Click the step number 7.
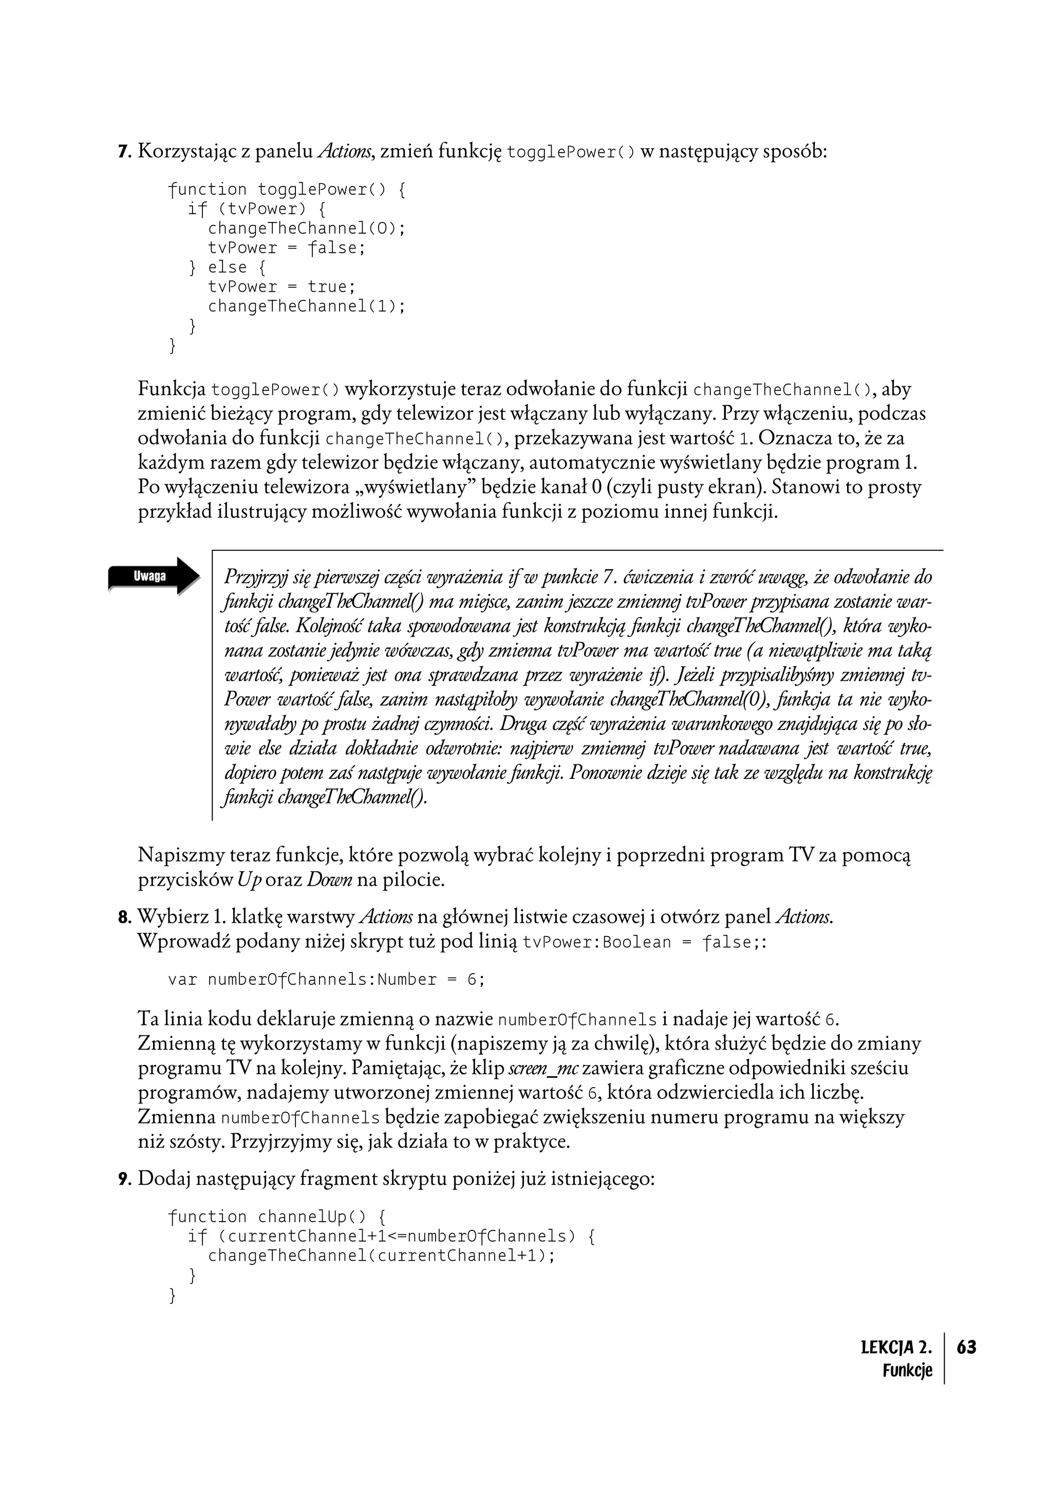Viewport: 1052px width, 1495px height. pos(124,153)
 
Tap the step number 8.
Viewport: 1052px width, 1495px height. pos(124,919)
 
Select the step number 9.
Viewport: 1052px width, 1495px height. pos(124,1179)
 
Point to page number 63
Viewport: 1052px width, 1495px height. pos(967,1347)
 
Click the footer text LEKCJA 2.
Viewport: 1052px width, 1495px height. pos(896,1347)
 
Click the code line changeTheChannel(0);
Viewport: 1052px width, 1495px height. pos(306,229)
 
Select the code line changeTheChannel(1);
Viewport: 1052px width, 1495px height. pos(306,306)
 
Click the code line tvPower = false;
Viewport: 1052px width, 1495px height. pos(287,248)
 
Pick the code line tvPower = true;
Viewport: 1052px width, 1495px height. pos(281,287)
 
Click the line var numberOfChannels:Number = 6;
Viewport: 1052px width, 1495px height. pos(326,979)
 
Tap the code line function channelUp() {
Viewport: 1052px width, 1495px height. pos(277,1217)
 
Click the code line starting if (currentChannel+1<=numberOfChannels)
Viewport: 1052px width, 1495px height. pos(390,1236)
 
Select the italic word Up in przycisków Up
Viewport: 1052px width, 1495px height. pos(249,881)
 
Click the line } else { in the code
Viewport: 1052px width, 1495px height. pos(227,267)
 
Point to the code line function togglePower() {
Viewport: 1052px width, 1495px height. pos(287,190)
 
